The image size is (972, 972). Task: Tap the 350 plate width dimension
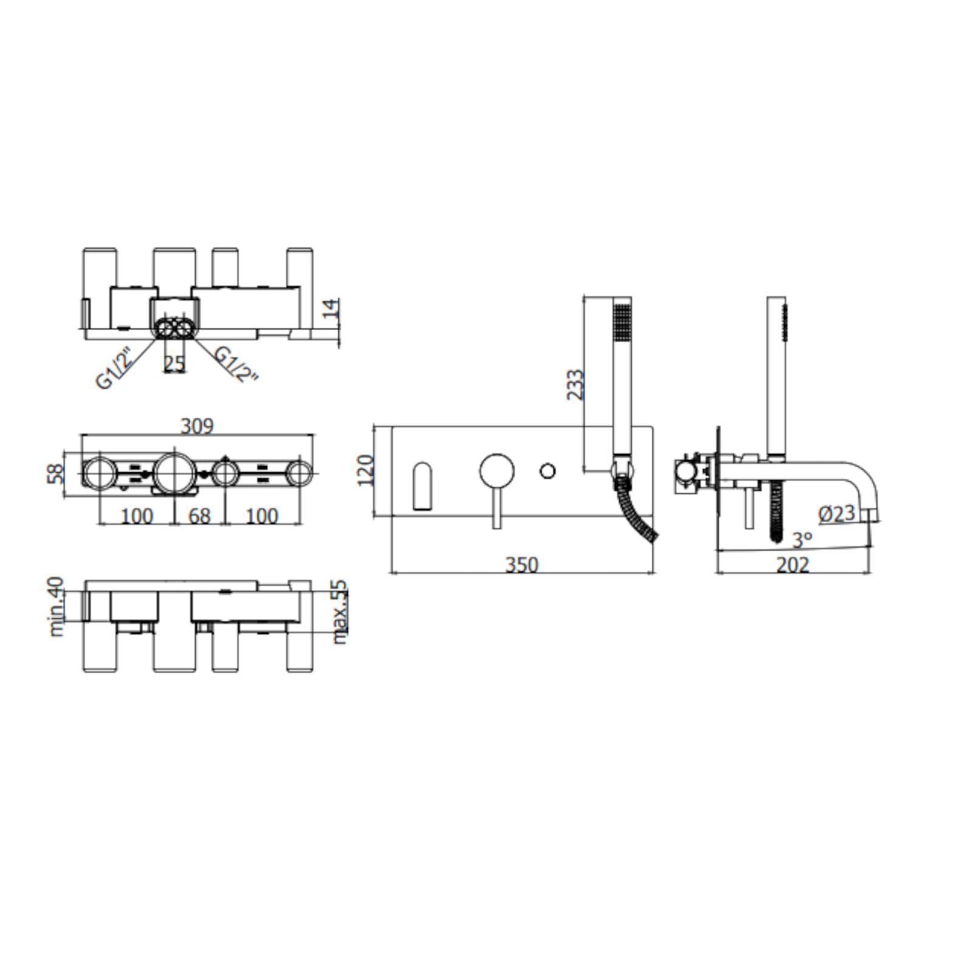click(522, 565)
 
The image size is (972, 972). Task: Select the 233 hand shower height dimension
click(575, 385)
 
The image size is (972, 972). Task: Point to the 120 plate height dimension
click(366, 471)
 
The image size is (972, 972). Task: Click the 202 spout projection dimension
click(793, 565)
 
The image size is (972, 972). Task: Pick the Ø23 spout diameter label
click(837, 514)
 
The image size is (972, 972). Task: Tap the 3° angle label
click(802, 539)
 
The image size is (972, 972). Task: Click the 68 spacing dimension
click(199, 516)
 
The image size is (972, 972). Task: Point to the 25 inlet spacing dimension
click(174, 363)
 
